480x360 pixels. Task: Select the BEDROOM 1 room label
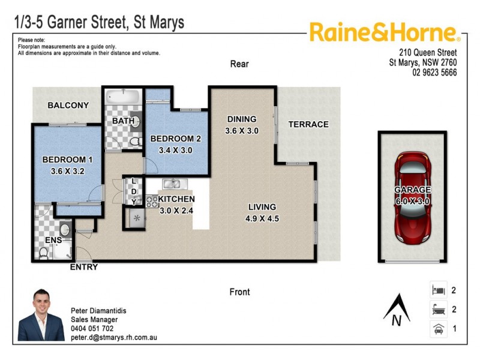(x=67, y=160)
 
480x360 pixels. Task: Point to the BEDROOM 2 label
(x=175, y=139)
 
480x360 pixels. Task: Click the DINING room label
(x=242, y=119)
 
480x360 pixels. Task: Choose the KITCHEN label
(x=176, y=199)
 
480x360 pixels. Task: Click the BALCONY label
(x=68, y=105)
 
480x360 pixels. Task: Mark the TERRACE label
(x=308, y=124)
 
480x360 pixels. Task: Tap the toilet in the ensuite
(x=44, y=253)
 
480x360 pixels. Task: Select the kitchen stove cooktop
(x=151, y=202)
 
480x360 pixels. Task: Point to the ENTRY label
(x=84, y=267)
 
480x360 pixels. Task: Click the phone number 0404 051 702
(x=92, y=329)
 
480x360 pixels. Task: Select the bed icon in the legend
(x=437, y=290)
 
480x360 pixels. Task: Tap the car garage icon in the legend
(x=437, y=329)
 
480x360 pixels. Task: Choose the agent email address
(x=114, y=338)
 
